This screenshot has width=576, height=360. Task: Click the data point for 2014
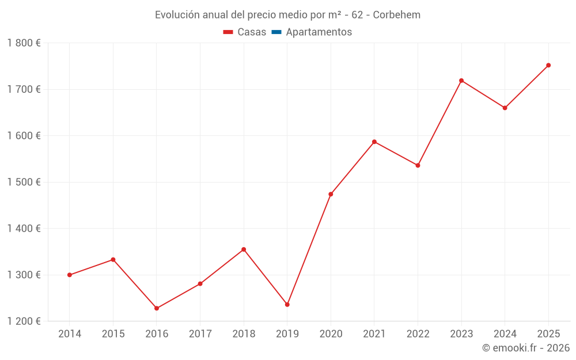70,275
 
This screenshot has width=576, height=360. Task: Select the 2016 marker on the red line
157,308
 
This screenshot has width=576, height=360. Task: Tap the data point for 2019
287,305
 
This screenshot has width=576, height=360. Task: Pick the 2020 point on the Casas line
331,194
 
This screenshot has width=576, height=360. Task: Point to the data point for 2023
461,81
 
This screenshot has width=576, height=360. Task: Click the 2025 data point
548,65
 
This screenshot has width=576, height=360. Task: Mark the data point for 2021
374,142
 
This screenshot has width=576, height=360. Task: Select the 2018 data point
244,249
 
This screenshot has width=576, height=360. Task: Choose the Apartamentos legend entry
319,32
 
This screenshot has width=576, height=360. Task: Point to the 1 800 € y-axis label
24,43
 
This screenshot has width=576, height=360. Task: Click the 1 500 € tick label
24,182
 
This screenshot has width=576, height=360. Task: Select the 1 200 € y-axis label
24,321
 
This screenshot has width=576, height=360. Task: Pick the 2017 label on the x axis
200,334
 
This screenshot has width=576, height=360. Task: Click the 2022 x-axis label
418,334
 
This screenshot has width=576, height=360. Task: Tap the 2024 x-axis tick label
505,334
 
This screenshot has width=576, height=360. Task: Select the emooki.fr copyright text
526,348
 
